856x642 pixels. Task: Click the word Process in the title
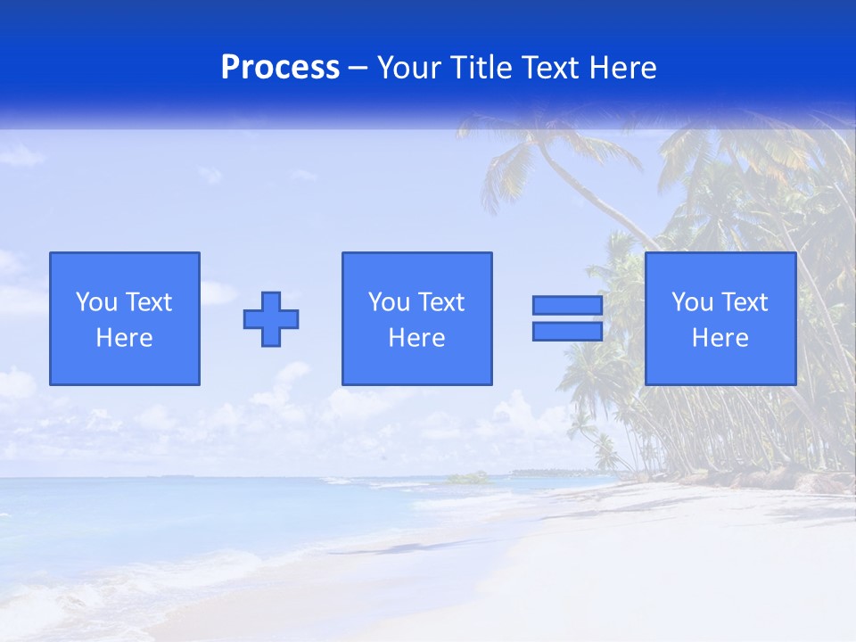click(280, 68)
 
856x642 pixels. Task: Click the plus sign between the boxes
click(271, 319)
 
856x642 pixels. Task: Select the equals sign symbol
click(567, 318)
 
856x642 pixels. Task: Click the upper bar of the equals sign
click(567, 306)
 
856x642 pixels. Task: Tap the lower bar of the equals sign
click(567, 332)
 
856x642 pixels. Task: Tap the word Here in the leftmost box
click(124, 338)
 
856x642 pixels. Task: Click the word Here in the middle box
click(416, 338)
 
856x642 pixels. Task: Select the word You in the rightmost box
click(692, 302)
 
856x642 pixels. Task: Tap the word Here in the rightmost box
click(720, 338)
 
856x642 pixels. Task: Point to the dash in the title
click(358, 69)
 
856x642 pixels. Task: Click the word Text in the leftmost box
click(148, 302)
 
